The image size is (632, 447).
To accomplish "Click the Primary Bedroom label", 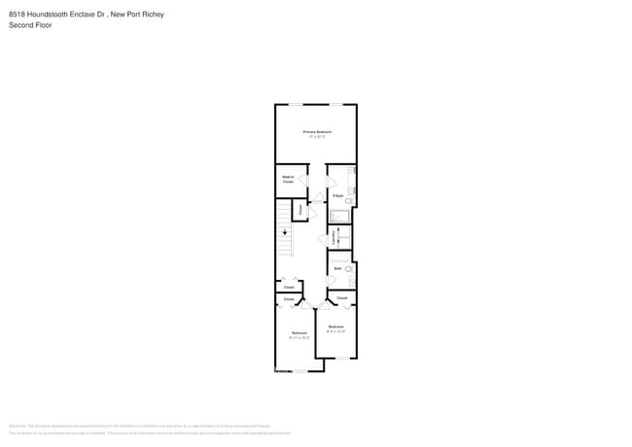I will pos(317,131).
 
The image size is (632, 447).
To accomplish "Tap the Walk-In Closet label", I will pos(289,180).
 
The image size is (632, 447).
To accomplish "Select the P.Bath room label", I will pos(337,195).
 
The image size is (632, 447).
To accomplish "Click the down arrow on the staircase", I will pos(285,232).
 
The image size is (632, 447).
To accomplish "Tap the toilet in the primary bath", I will pos(350,200).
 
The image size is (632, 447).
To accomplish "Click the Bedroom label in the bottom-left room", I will pos(299,333).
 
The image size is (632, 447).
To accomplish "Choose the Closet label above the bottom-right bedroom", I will pos(341,297).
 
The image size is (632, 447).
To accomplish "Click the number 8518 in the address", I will pos(18,14).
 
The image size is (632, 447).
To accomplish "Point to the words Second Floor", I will pos(30,25).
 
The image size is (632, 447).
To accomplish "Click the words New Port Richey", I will pos(139,14).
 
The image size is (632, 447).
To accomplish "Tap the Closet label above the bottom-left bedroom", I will pos(289,287).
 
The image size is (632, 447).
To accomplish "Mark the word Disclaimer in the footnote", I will pos(17,426).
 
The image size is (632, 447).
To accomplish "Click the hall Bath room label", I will pos(337,268).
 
